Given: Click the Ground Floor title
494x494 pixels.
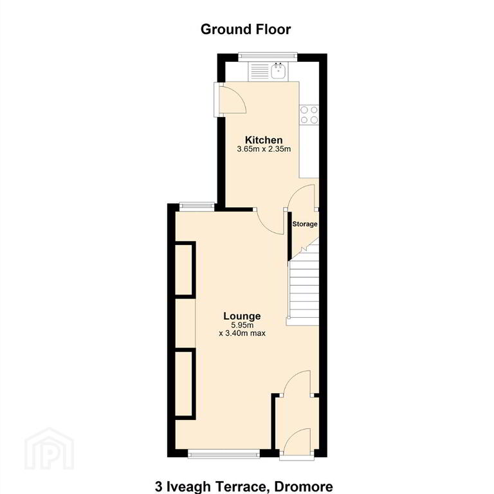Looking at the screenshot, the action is (246, 30).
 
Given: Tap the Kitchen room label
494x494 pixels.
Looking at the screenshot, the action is (264, 140).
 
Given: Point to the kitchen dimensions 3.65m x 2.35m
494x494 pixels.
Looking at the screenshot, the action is (264, 149).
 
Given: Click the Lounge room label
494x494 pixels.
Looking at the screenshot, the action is (242, 316).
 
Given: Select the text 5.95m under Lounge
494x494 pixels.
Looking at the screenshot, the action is (242, 325).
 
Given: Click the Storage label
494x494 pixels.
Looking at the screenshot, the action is (305, 224).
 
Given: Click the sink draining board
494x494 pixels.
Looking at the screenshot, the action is (259, 71).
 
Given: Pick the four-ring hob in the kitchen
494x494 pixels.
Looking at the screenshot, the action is (309, 114).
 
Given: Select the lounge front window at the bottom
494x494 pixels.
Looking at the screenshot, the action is (224, 453).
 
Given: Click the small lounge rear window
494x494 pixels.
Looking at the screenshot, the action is (197, 206).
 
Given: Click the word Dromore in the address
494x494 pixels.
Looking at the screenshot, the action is (304, 487).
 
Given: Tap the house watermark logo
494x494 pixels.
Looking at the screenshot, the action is (49, 448).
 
